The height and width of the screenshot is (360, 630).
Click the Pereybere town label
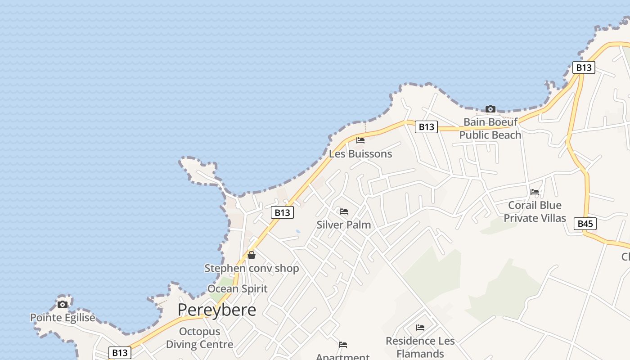click(216, 310)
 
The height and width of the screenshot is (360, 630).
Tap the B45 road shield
click(585, 224)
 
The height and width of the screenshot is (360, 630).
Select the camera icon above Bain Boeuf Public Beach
click(490, 109)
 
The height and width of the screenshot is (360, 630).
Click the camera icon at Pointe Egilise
click(63, 304)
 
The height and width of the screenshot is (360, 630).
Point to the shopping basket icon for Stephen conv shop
click(252, 255)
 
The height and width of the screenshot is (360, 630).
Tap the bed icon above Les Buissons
click(360, 140)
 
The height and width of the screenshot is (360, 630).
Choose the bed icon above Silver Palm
click(344, 211)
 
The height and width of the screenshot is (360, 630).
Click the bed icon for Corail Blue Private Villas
click(535, 192)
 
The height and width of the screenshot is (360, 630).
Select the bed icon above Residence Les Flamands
click(420, 328)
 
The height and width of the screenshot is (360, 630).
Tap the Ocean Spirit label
click(237, 289)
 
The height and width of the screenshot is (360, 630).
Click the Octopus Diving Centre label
click(199, 338)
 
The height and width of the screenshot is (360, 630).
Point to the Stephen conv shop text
click(252, 269)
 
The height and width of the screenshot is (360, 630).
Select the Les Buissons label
click(360, 154)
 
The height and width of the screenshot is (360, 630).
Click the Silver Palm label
click(344, 225)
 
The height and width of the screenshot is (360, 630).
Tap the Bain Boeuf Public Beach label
click(490, 128)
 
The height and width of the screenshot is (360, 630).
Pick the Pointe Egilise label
click(63, 318)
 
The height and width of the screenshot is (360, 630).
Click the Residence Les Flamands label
click(420, 347)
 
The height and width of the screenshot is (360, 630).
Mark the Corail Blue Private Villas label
click(535, 211)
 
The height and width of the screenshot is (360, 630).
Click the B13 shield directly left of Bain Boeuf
click(426, 127)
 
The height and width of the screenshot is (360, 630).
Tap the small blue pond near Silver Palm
click(298, 232)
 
